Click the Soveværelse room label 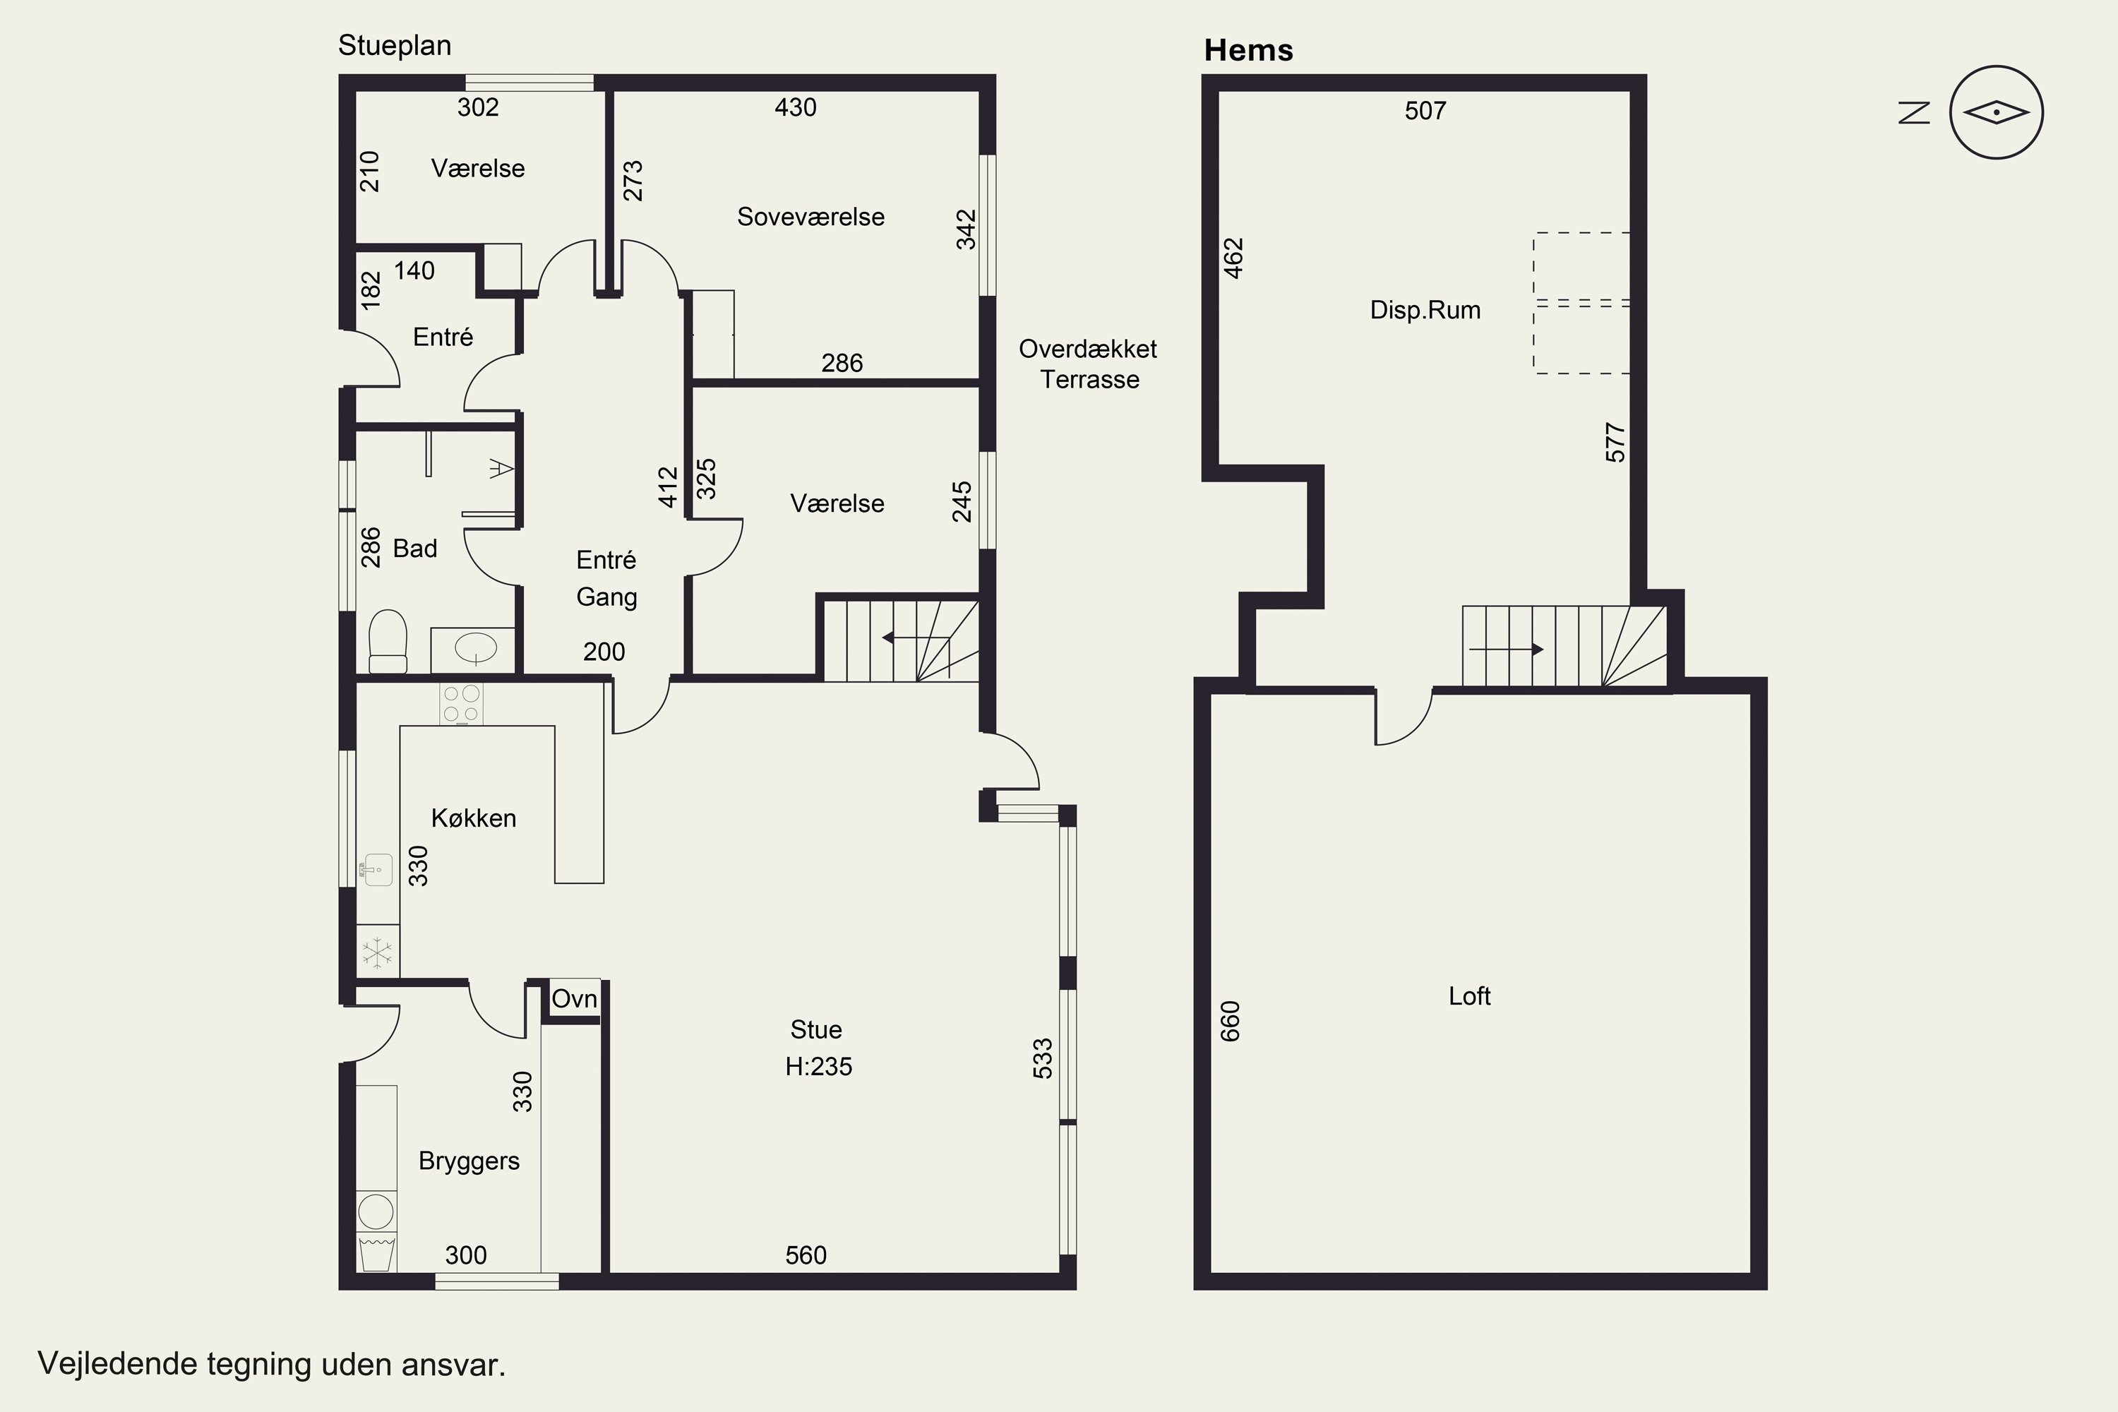(x=810, y=217)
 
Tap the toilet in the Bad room (x=388, y=641)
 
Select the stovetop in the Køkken (x=461, y=704)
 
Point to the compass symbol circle (x=1997, y=112)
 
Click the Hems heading (x=1248, y=50)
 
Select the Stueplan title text (x=395, y=46)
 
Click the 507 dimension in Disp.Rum (x=1425, y=111)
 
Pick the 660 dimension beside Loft (x=1230, y=1021)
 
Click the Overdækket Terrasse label (x=1089, y=364)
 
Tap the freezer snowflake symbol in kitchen (x=377, y=952)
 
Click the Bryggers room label (x=469, y=1161)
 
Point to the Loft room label (x=1470, y=996)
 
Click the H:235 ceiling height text (x=818, y=1066)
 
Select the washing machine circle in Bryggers (x=376, y=1212)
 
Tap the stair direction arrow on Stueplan (x=916, y=638)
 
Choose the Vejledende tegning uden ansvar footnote (x=271, y=1364)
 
